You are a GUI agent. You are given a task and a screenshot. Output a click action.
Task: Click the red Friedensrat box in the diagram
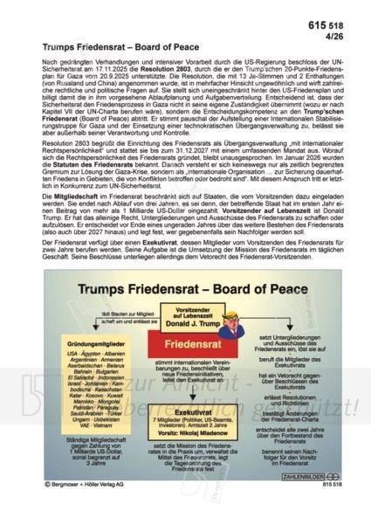[187, 344]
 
